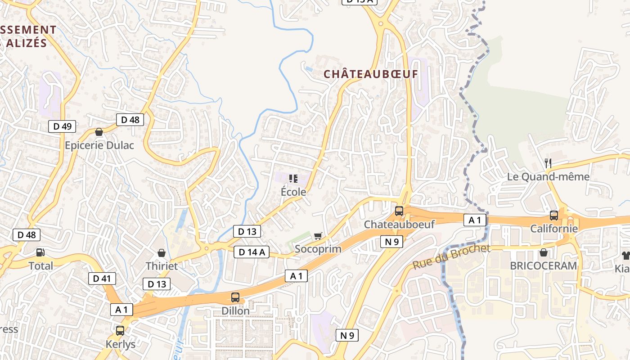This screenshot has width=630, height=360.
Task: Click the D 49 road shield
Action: pos(62,126)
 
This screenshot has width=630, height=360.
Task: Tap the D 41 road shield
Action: pos(102,279)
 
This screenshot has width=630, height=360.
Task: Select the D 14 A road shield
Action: pos(252,252)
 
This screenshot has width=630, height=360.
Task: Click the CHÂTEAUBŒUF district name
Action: pos(371,74)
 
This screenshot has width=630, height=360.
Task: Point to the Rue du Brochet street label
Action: pos(451,257)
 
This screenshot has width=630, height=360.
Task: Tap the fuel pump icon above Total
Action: pos(40,253)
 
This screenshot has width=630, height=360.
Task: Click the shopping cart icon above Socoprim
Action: pos(318,236)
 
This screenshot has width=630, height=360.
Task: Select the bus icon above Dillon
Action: pos(235,297)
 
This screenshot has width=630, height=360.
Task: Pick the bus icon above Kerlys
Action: pos(120,331)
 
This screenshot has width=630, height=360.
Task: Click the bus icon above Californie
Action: pos(553,216)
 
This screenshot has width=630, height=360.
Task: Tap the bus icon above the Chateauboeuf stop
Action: pos(399,211)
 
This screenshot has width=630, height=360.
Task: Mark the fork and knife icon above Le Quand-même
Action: pos(548,163)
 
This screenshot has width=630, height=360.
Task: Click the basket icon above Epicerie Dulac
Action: pos(99,132)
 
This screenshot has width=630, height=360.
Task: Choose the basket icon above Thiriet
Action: pos(162,253)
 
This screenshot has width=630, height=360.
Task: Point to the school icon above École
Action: pos(293,179)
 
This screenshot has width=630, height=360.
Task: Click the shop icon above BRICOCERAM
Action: pos(543,252)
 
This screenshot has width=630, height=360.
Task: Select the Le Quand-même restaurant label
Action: pos(548,176)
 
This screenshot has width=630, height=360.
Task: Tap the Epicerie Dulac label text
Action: pos(99,145)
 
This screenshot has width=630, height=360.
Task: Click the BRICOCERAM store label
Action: pos(543,265)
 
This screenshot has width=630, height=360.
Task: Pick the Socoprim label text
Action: pos(318,249)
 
